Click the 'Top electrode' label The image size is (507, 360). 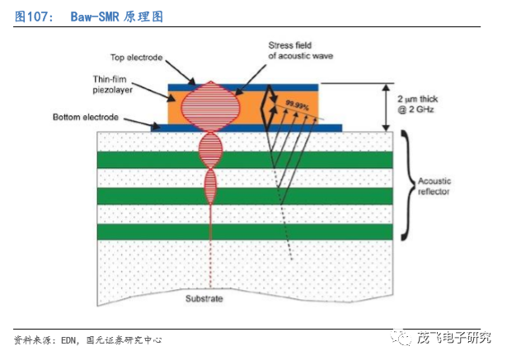(x=137, y=57)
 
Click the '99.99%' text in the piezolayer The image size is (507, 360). (x=297, y=105)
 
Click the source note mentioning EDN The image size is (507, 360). (x=87, y=339)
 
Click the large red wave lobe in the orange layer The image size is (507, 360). (x=210, y=105)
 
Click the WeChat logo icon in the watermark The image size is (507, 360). (x=399, y=339)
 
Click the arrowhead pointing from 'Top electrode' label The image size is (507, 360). (x=195, y=82)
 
